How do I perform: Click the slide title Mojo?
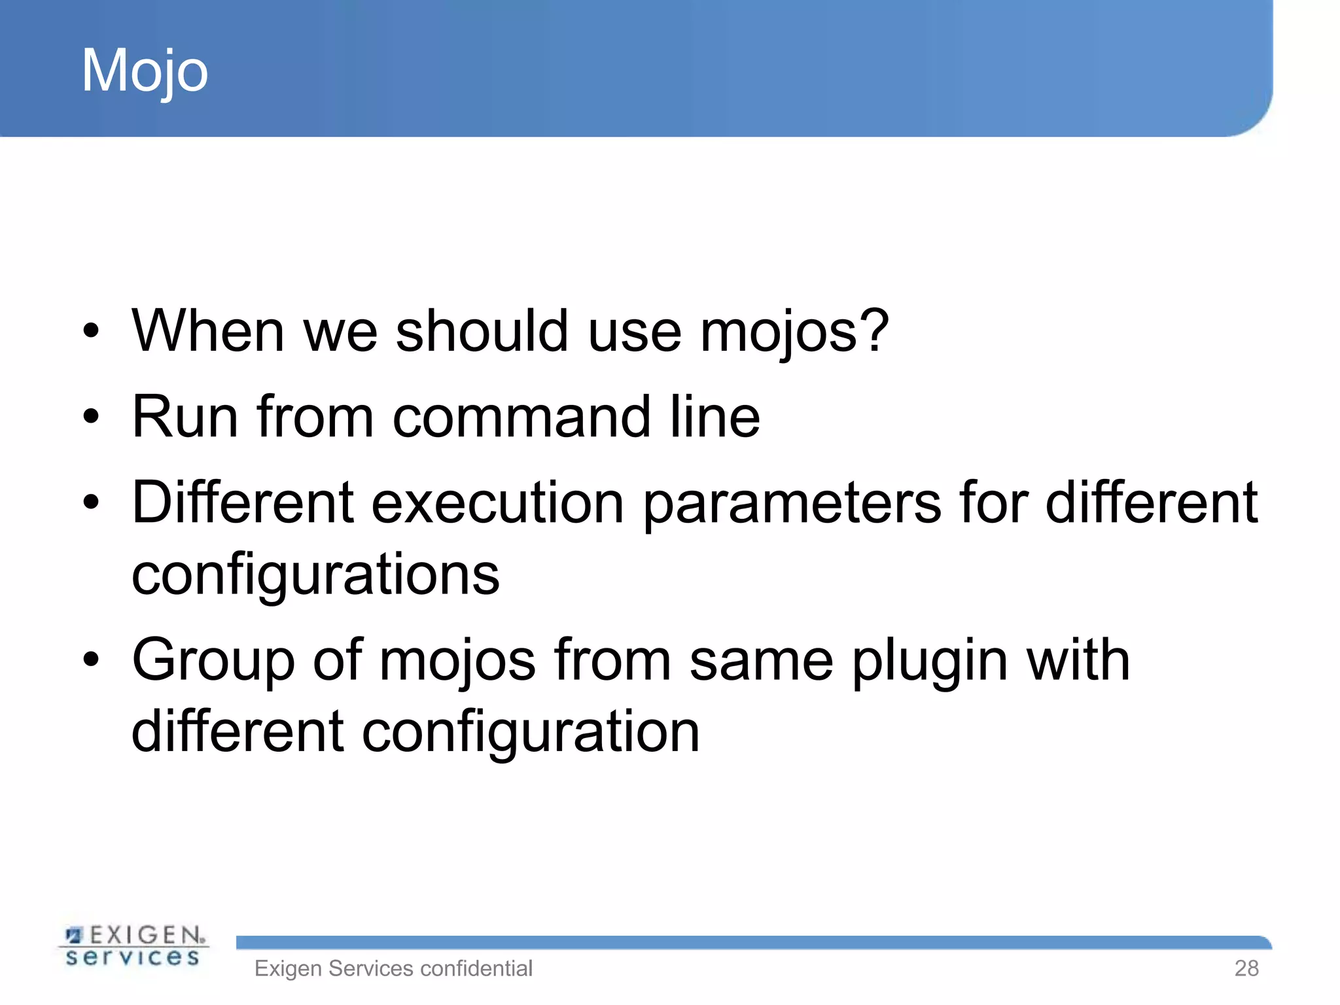145,71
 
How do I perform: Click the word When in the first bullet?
207,331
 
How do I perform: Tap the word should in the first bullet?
482,331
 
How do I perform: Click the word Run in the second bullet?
185,417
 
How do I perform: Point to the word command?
521,417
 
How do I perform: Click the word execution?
497,502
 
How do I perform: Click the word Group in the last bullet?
213,661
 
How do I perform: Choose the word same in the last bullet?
761,661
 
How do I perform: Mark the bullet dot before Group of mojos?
91,660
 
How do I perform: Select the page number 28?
1246,968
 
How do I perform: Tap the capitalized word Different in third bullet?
243,502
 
